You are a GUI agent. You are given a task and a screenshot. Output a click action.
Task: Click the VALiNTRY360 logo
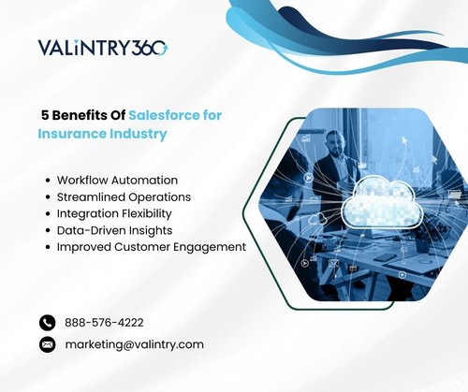[x=103, y=48]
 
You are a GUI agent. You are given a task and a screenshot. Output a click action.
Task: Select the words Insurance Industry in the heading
[x=102, y=134]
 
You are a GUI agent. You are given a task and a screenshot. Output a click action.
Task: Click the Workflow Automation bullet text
[x=117, y=180]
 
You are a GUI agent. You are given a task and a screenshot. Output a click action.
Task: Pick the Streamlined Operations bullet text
[x=124, y=196]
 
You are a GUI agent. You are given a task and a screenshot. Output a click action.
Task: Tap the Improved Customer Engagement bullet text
[x=151, y=247]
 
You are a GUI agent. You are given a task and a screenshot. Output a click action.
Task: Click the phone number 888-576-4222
[x=104, y=322]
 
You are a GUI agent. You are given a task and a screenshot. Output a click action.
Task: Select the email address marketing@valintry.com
[x=134, y=344]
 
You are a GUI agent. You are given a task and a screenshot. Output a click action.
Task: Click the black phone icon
[x=48, y=322]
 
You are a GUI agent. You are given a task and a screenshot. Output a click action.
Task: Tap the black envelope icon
[x=48, y=344]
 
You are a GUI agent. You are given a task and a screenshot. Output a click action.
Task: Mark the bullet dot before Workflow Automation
[x=48, y=180]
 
